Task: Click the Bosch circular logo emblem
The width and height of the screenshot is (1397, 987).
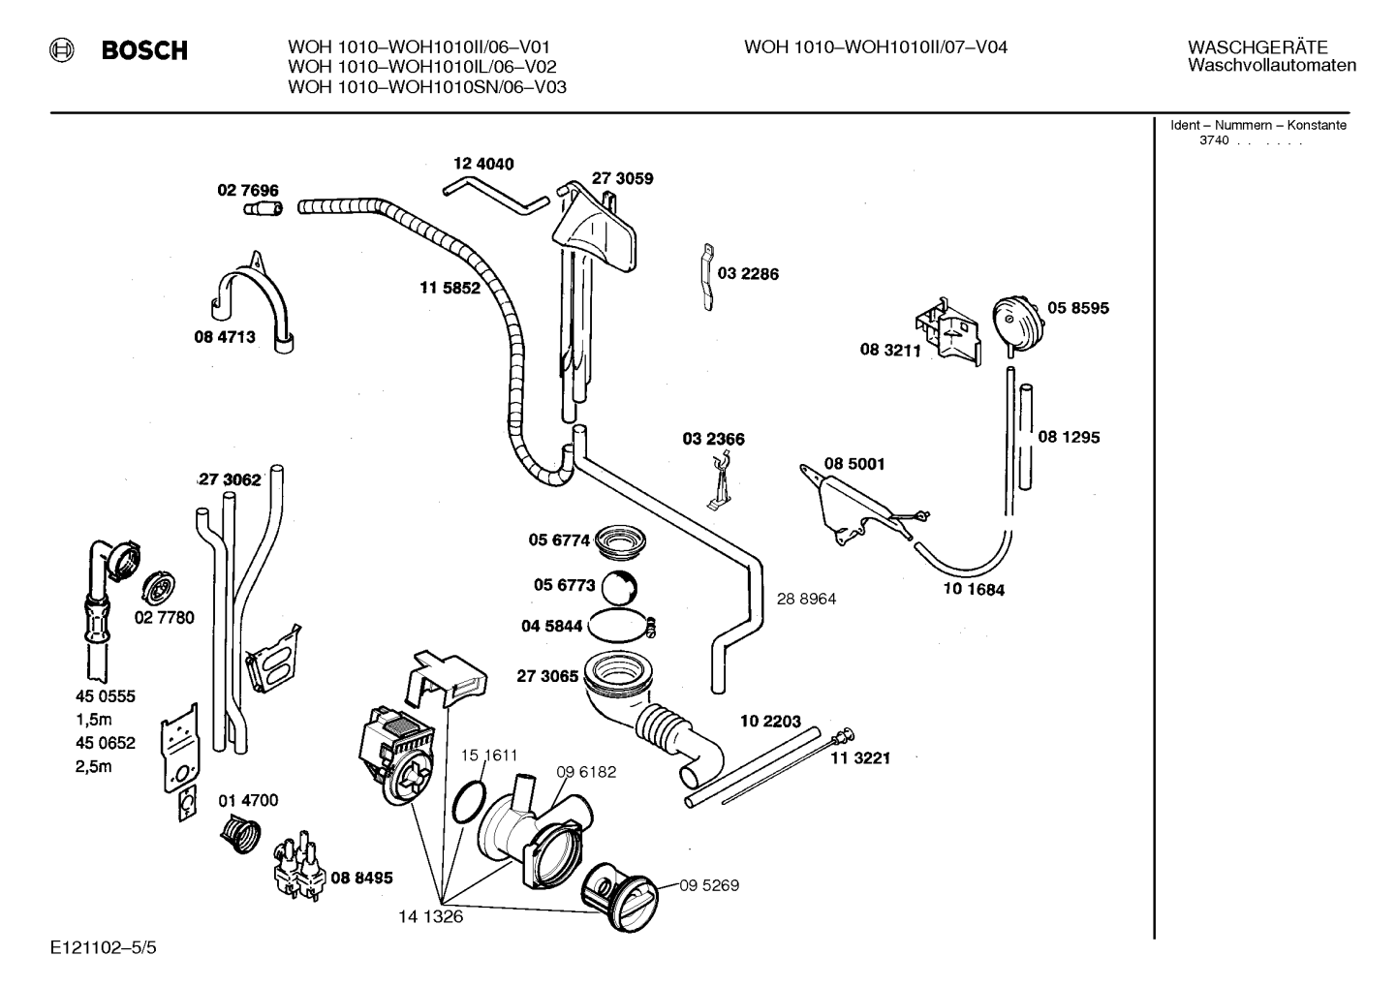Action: [62, 49]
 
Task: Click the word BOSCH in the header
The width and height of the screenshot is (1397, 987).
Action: [144, 50]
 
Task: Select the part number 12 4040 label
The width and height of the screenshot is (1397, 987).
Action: [483, 164]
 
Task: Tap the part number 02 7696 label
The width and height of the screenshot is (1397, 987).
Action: [248, 190]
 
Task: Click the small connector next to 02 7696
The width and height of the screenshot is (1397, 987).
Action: [263, 208]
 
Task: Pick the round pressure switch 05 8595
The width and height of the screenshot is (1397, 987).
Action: [1016, 325]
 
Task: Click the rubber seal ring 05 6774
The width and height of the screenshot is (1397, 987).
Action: [619, 543]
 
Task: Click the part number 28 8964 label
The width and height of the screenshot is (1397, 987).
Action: [806, 600]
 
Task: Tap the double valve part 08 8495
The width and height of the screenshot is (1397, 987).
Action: [300, 867]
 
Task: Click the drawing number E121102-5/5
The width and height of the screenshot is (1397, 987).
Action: [104, 947]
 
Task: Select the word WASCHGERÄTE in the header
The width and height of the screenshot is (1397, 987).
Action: [1257, 47]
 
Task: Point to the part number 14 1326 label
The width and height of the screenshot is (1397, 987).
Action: [430, 916]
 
